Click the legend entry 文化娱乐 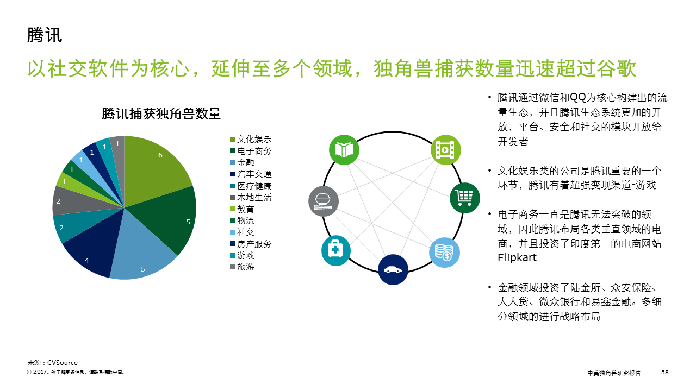[x=251, y=140]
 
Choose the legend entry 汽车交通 [x=251, y=174]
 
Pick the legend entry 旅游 [x=243, y=267]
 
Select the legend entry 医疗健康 [x=251, y=186]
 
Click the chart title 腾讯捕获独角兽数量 [x=161, y=113]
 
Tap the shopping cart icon [x=464, y=198]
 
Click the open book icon [x=344, y=150]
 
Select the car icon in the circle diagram [x=393, y=270]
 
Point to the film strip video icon [x=445, y=150]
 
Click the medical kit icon [x=336, y=251]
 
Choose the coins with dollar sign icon [x=444, y=253]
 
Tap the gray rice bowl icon [x=324, y=201]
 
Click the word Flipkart [x=517, y=258]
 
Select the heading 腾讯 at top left [x=45, y=35]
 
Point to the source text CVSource [x=63, y=362]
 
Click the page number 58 [x=664, y=372]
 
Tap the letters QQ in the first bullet [x=578, y=98]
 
